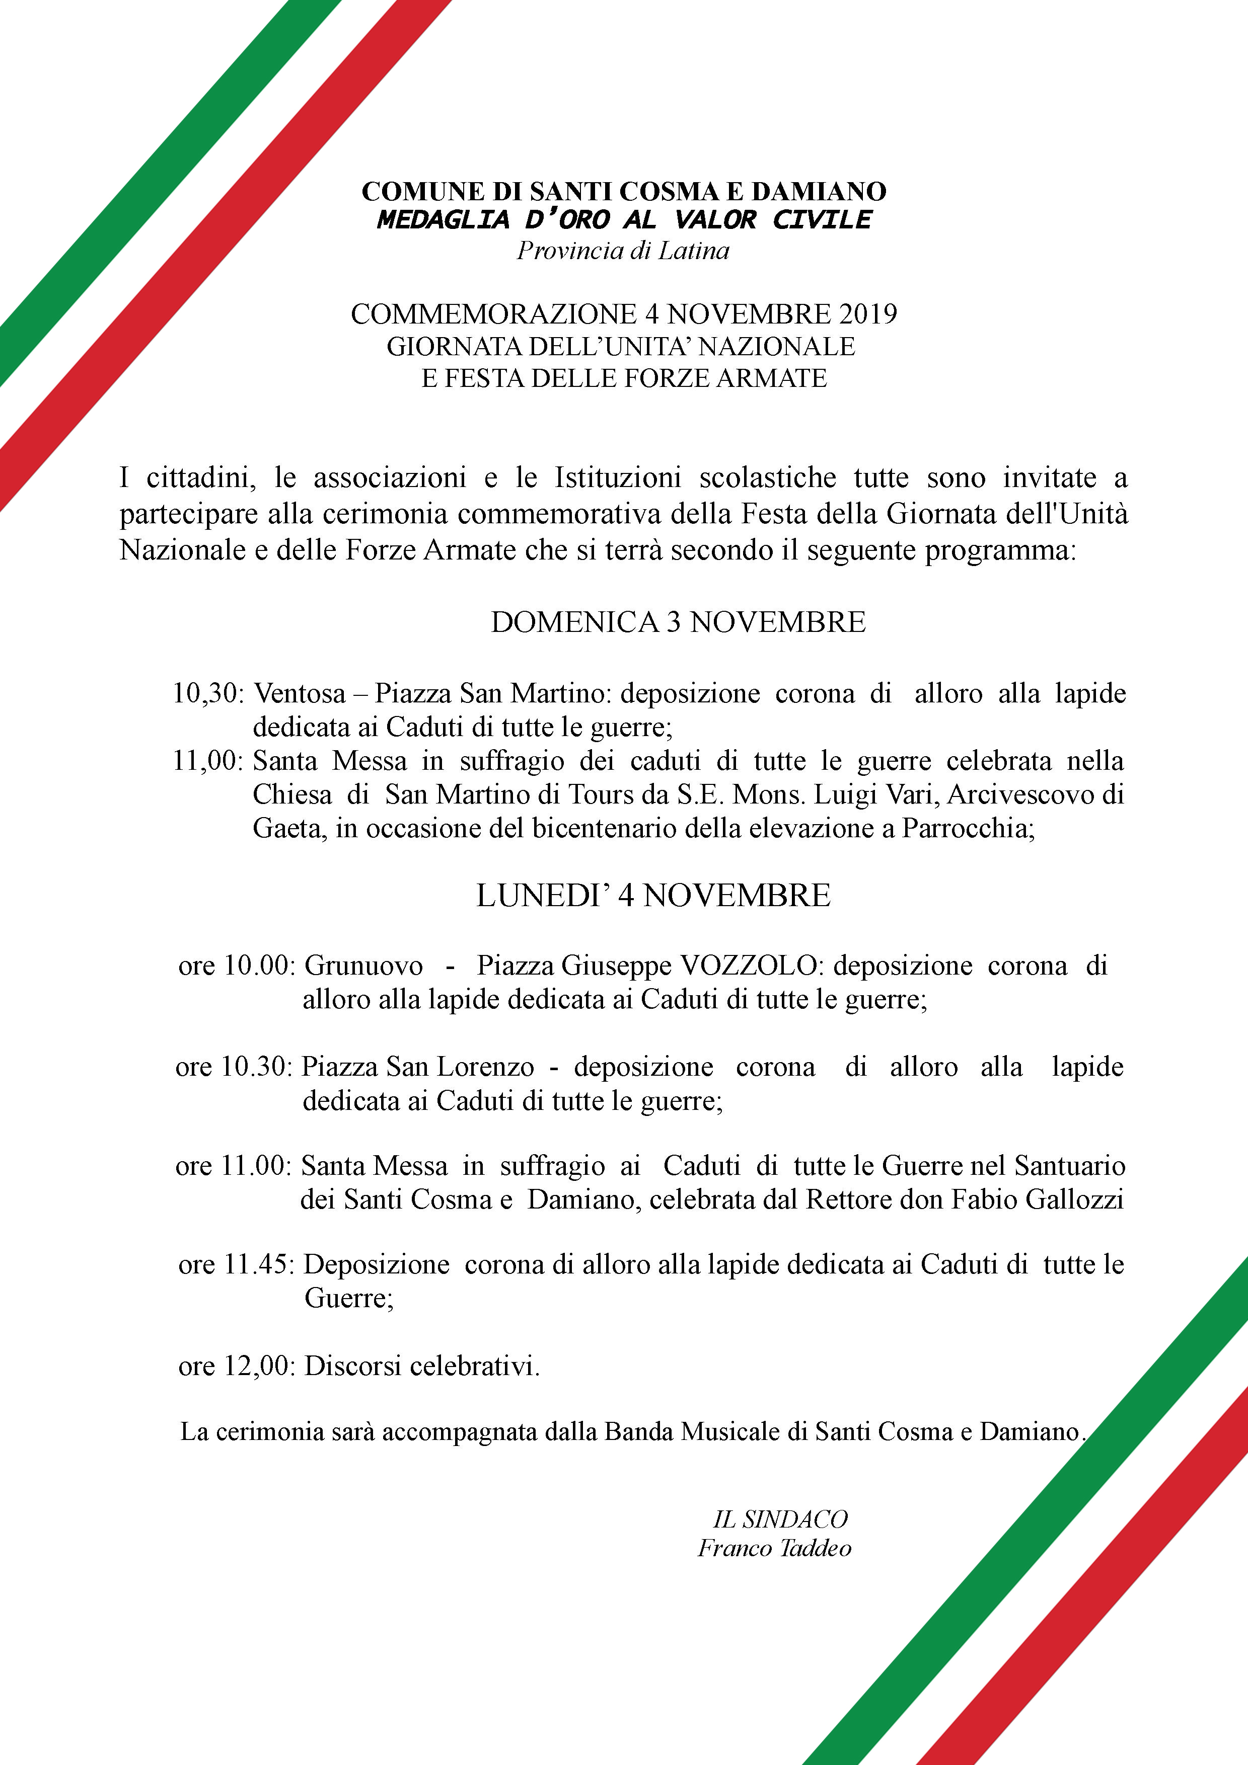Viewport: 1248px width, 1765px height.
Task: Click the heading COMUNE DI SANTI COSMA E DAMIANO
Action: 624,191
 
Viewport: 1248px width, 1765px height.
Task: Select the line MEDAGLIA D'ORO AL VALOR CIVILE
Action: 624,220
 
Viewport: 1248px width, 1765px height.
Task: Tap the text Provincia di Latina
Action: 623,251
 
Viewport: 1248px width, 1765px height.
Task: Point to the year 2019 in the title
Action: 868,314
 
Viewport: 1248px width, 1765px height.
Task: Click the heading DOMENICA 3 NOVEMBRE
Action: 678,622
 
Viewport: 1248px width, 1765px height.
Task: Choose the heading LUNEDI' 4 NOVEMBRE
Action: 653,896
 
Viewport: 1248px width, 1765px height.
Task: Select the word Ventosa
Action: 300,693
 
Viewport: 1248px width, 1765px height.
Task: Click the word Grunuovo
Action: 363,966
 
